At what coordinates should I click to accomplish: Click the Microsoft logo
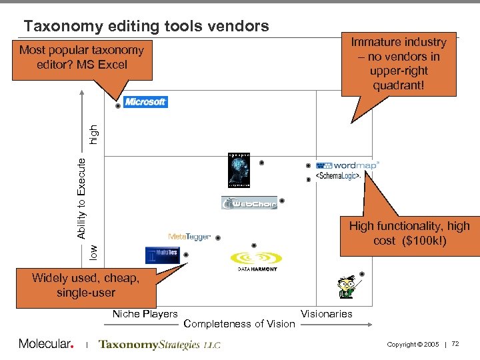(x=146, y=102)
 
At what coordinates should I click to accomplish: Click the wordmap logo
(x=347, y=165)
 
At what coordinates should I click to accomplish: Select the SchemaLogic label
(x=338, y=176)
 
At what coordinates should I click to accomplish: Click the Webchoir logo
(x=249, y=203)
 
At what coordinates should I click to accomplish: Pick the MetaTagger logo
(x=189, y=237)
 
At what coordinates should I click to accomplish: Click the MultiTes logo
(x=162, y=255)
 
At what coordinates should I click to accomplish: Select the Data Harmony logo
(x=257, y=261)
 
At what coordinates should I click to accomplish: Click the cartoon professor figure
(x=347, y=285)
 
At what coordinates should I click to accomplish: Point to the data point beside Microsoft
(x=118, y=105)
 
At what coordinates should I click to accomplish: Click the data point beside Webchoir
(x=282, y=201)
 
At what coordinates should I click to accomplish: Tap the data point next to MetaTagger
(x=218, y=237)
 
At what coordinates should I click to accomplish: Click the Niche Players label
(x=145, y=313)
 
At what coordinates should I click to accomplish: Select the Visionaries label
(x=327, y=313)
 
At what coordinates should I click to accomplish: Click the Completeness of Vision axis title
(x=239, y=324)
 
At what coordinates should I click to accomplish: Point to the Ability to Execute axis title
(x=81, y=198)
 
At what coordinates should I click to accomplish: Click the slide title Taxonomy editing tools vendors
(x=146, y=26)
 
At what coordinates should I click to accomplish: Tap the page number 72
(x=455, y=343)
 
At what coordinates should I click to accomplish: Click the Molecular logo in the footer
(x=45, y=344)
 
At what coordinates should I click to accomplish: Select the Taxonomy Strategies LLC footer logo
(x=159, y=345)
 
